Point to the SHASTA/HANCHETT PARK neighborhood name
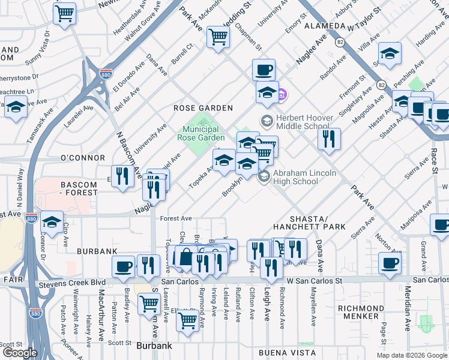(309, 222)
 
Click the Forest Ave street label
(175, 218)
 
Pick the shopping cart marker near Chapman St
(218, 37)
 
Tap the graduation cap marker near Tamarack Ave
(15, 107)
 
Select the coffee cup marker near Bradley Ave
(124, 266)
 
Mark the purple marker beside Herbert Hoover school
(282, 94)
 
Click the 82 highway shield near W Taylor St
(340, 42)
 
